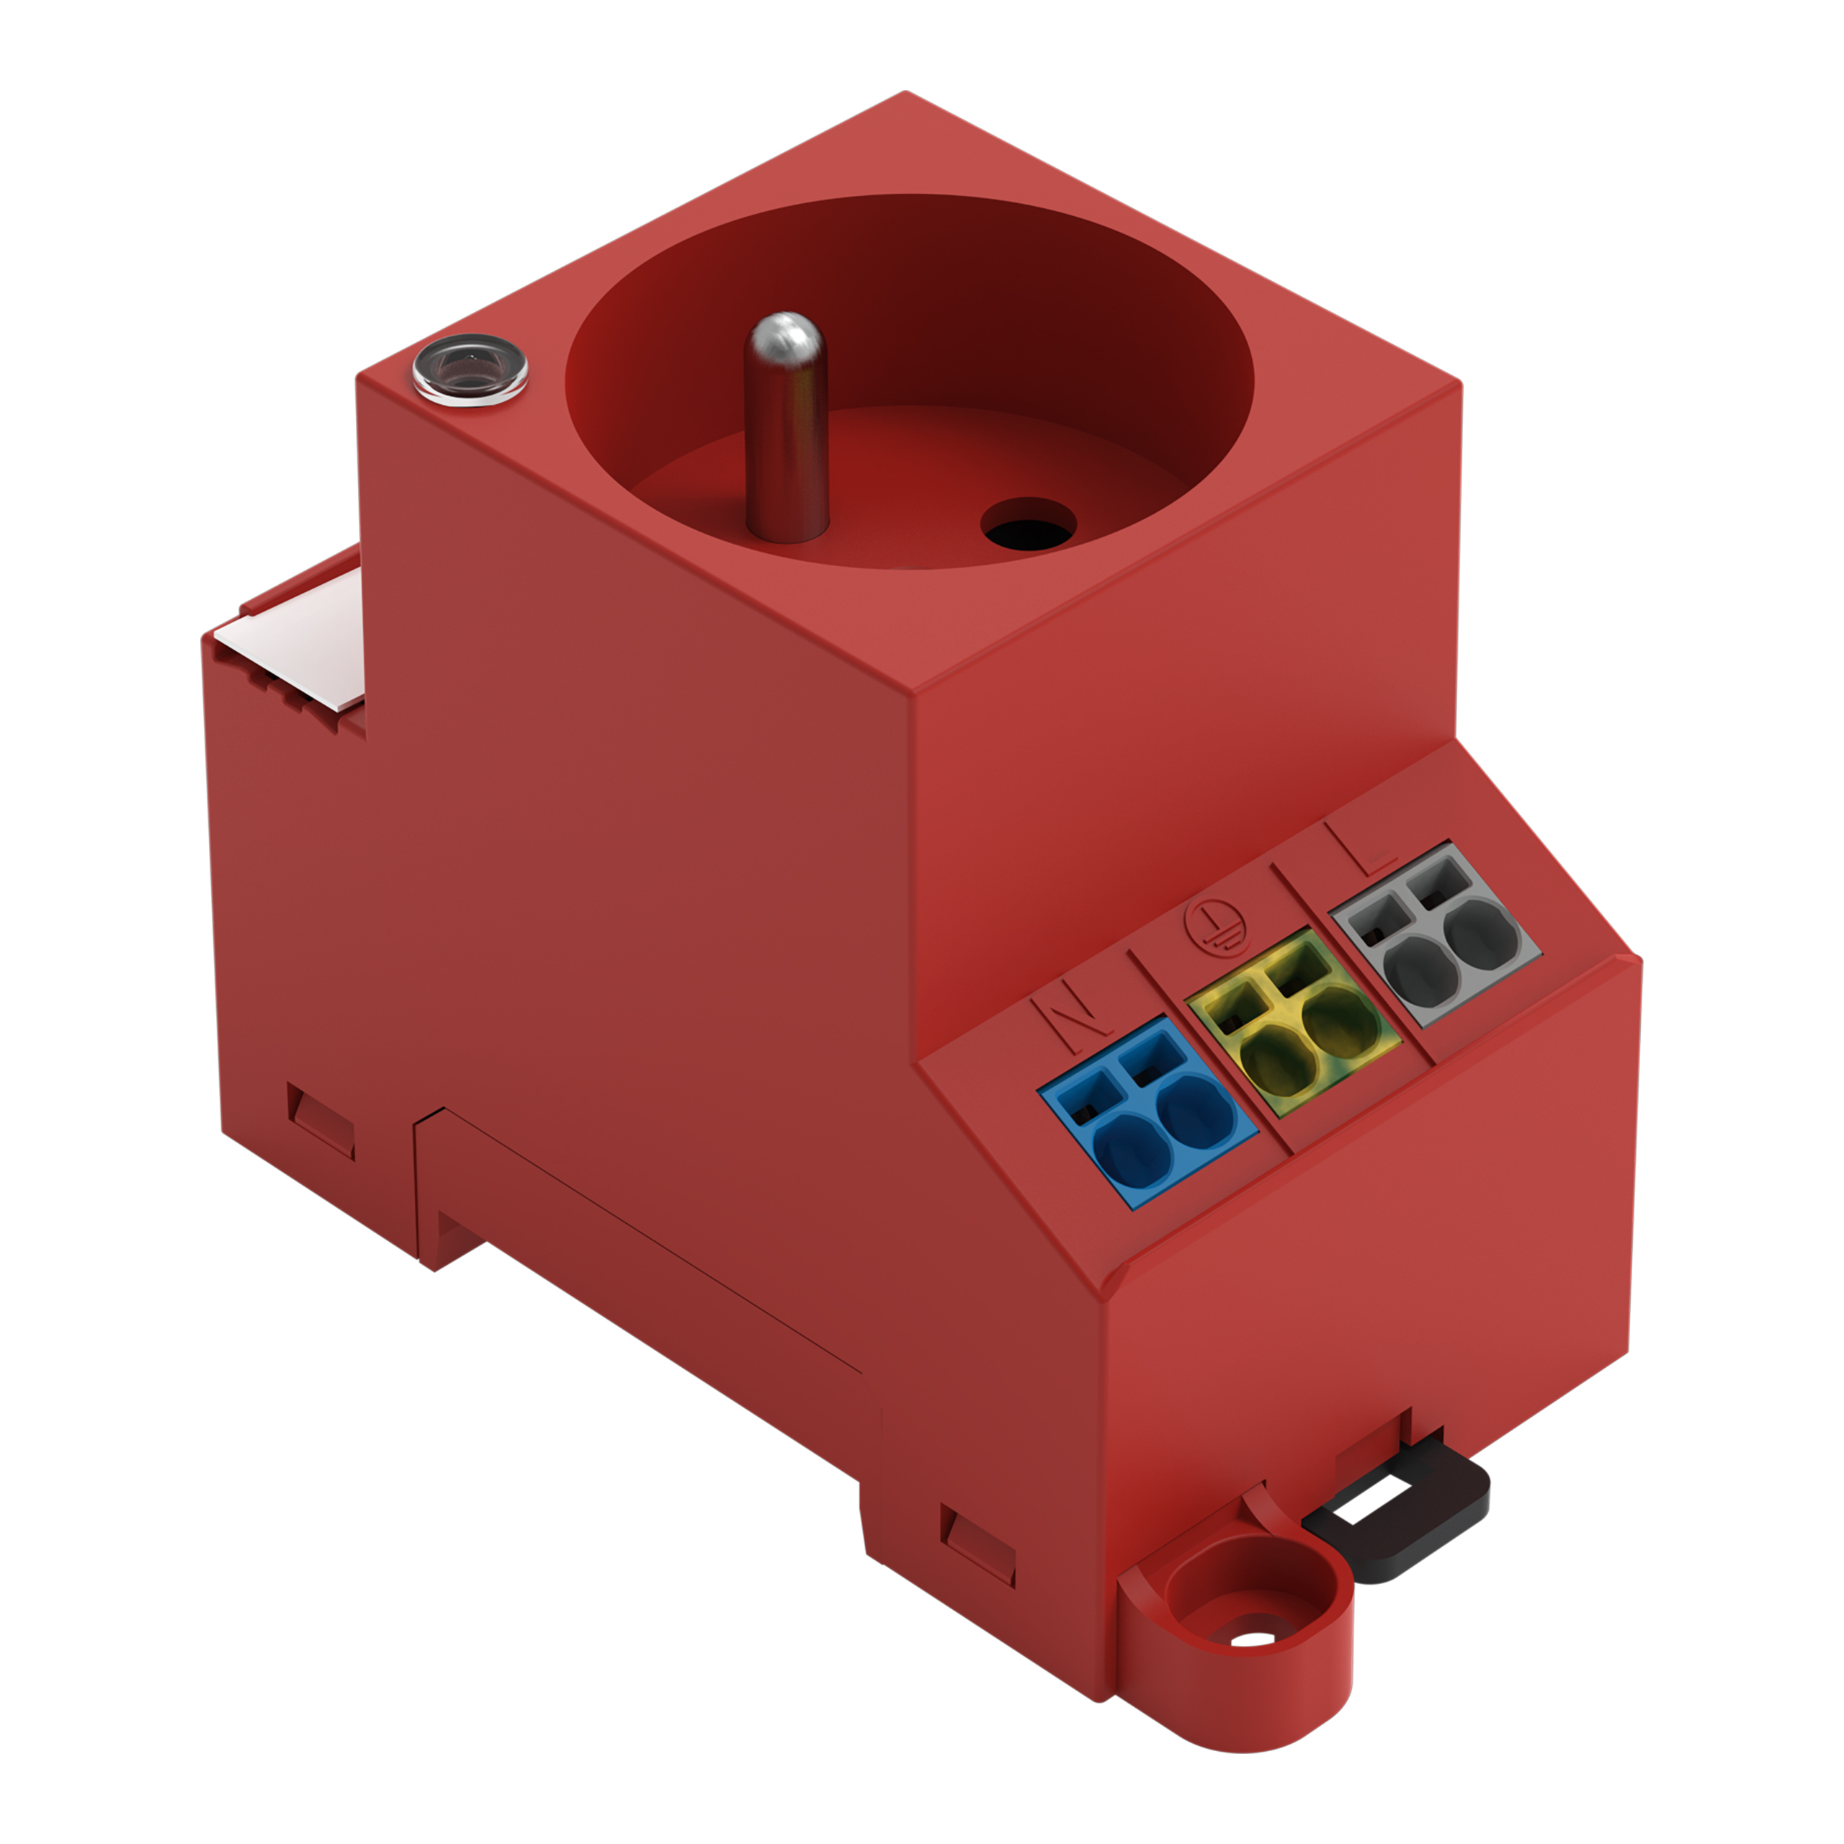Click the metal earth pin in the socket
click(786, 429)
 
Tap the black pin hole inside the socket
click(1029, 524)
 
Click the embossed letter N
click(1072, 1013)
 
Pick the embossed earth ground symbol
click(1209, 924)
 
